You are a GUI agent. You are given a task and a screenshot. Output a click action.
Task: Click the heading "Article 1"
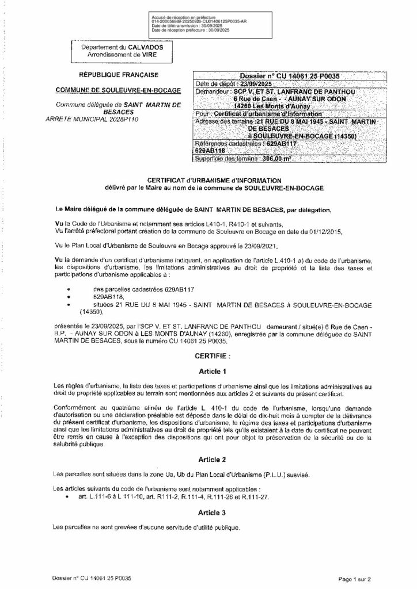pos(208,371)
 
